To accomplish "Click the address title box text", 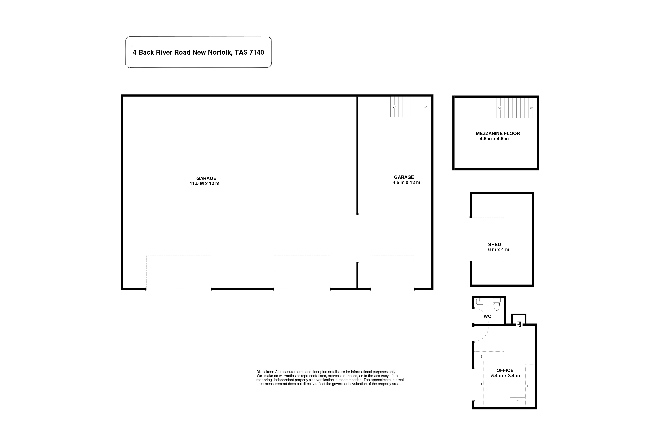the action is point(198,53).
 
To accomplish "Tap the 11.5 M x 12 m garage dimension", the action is point(204,183).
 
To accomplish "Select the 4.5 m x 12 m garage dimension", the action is point(406,182).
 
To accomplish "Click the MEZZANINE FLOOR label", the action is point(498,134).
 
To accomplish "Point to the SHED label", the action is point(494,244).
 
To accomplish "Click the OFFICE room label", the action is point(505,370).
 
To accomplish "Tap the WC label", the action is point(488,316).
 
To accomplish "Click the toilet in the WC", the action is point(497,304).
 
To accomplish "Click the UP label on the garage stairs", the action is point(394,107).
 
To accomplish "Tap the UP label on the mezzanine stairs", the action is point(500,108).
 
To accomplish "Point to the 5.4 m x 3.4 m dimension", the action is point(505,376).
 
